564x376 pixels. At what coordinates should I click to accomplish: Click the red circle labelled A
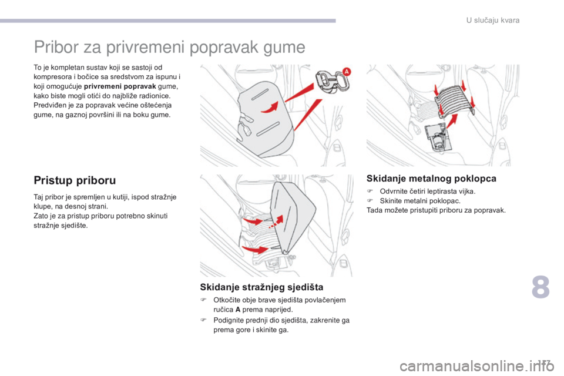[x=346, y=72]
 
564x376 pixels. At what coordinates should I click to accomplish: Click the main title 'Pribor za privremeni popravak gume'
[x=169, y=47]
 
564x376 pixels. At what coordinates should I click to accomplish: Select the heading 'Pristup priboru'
[x=75, y=180]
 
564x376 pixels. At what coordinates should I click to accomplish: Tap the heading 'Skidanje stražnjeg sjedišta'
[x=261, y=287]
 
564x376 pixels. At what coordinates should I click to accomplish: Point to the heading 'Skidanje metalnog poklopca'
[x=431, y=179]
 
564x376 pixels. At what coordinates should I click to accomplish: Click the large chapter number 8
[x=540, y=287]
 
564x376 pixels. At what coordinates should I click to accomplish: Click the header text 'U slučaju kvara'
[x=493, y=21]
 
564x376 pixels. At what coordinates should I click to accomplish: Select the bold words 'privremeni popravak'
[x=120, y=86]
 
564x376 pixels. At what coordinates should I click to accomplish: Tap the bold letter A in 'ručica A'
[x=238, y=310]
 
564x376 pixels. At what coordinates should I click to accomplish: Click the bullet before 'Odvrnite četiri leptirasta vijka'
[x=370, y=191]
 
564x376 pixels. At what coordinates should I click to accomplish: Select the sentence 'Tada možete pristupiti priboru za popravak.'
[x=436, y=210]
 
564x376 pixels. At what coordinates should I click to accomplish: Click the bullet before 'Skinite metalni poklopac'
[x=370, y=201]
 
